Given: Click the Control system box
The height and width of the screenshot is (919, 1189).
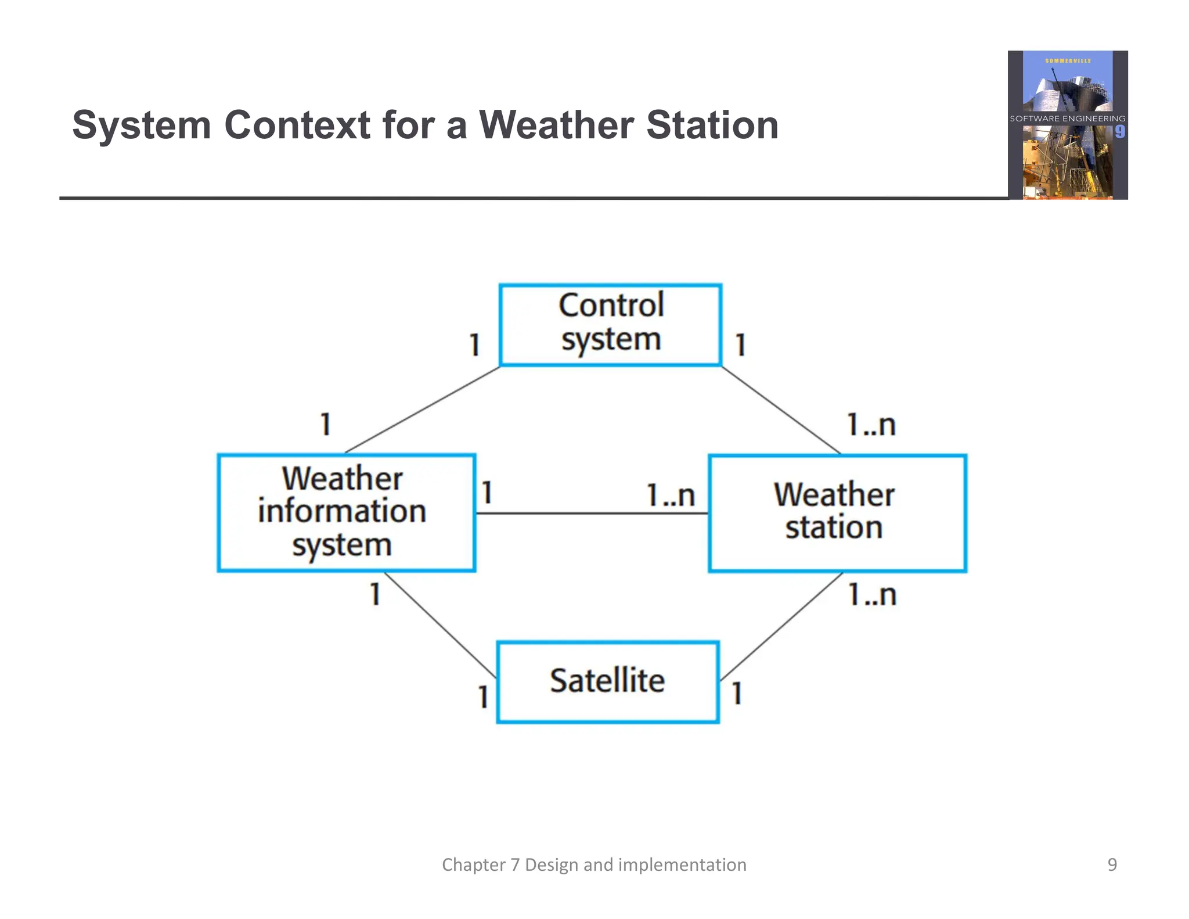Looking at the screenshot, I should pyautogui.click(x=610, y=325).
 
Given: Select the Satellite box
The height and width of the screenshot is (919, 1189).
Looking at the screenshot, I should pyautogui.click(x=608, y=682).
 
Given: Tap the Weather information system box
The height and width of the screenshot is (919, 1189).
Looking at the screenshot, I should pyautogui.click(x=346, y=513).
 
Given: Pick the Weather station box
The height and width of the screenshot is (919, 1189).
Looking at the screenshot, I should pyautogui.click(x=837, y=513).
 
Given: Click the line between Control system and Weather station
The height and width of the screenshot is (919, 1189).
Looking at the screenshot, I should pyautogui.click(x=781, y=410).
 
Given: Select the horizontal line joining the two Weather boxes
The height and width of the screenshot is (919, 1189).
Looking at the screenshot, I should pyautogui.click(x=592, y=514).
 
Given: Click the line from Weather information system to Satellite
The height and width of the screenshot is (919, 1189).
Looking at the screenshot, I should pyautogui.click(x=440, y=625).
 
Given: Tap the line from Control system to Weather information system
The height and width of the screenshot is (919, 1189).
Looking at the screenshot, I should pyautogui.click(x=423, y=410).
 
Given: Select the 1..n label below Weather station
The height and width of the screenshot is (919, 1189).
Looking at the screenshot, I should pyautogui.click(x=871, y=595).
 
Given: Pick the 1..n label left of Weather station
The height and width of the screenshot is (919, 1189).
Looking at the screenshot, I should pyautogui.click(x=671, y=496).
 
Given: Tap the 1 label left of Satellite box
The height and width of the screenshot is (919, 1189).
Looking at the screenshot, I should pyautogui.click(x=482, y=697).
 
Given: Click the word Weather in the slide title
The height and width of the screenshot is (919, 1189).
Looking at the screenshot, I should pyautogui.click(x=556, y=125).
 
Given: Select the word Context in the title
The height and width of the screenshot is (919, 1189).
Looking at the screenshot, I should pyautogui.click(x=297, y=125).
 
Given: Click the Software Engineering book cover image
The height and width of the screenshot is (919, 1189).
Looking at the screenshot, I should pyautogui.click(x=1067, y=125).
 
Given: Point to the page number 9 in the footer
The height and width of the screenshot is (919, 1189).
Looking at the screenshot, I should pyautogui.click(x=1112, y=864).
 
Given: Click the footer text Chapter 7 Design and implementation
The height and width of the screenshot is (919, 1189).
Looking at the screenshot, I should pyautogui.click(x=594, y=864).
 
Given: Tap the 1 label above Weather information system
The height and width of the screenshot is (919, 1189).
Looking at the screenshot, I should pyautogui.click(x=326, y=424).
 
